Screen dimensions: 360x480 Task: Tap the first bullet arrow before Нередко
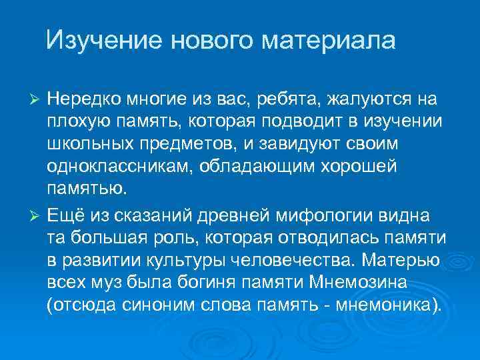37,100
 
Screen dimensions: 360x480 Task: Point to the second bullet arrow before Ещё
37,217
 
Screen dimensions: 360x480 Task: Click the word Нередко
83,100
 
